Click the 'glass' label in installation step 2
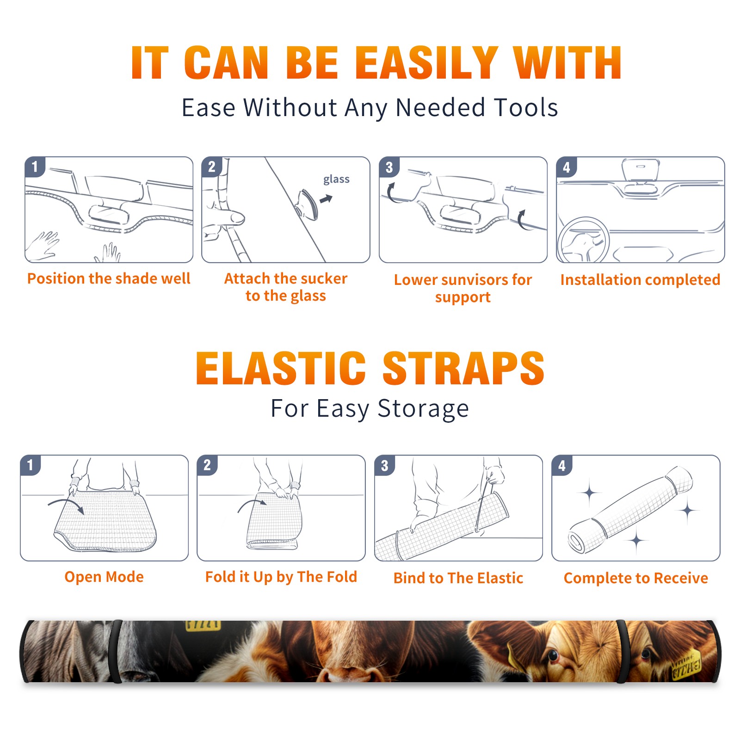coord(336,179)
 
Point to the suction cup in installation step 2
coord(307,204)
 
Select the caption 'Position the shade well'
coord(109,278)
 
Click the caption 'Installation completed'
coord(640,280)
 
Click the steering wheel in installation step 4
coord(583,240)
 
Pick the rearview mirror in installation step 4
coord(640,170)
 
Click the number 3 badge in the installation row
coord(389,167)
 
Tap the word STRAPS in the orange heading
coord(464,368)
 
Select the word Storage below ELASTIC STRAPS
coord(423,409)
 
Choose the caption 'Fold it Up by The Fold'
coord(281,577)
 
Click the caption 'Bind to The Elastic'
coord(458,578)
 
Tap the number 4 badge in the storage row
coord(562,465)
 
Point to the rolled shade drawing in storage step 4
coord(630,509)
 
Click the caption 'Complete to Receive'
coord(636,578)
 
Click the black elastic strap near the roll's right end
coord(622,651)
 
